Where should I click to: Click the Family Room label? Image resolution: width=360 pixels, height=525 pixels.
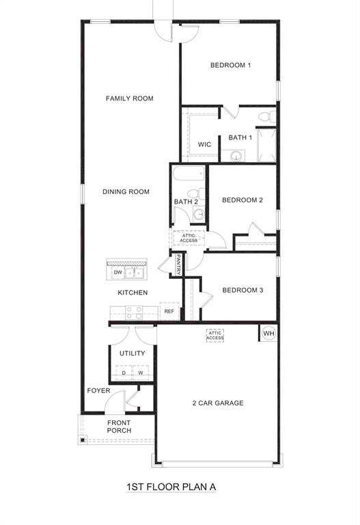[x=129, y=98]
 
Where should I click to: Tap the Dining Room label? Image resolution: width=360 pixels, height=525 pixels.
[x=126, y=192]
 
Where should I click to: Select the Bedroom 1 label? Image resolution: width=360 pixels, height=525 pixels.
[x=230, y=66]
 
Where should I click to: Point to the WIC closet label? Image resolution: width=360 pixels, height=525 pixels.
[x=204, y=145]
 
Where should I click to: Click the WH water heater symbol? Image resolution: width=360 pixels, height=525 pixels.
[x=268, y=333]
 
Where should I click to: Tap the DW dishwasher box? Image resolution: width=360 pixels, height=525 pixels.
[x=117, y=273]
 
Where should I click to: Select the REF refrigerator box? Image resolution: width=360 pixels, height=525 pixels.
[x=169, y=311]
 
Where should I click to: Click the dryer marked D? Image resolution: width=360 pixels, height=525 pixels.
[x=124, y=373]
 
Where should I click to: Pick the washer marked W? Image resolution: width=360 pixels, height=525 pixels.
[x=141, y=373]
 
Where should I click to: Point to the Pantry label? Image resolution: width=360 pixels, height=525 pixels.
[x=178, y=265]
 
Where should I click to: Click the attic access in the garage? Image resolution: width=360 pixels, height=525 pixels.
[x=215, y=335]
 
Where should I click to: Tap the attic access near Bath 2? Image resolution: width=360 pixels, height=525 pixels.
[x=189, y=238]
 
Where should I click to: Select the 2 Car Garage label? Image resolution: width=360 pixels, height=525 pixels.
[x=217, y=403]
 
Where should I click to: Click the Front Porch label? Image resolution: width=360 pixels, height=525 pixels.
[x=119, y=427]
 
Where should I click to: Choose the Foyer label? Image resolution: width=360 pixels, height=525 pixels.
[x=98, y=391]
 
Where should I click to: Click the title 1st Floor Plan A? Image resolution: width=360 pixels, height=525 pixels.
[x=171, y=487]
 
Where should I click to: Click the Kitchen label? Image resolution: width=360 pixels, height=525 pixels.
[x=133, y=293]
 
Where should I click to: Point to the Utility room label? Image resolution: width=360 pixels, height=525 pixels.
[x=132, y=353]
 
